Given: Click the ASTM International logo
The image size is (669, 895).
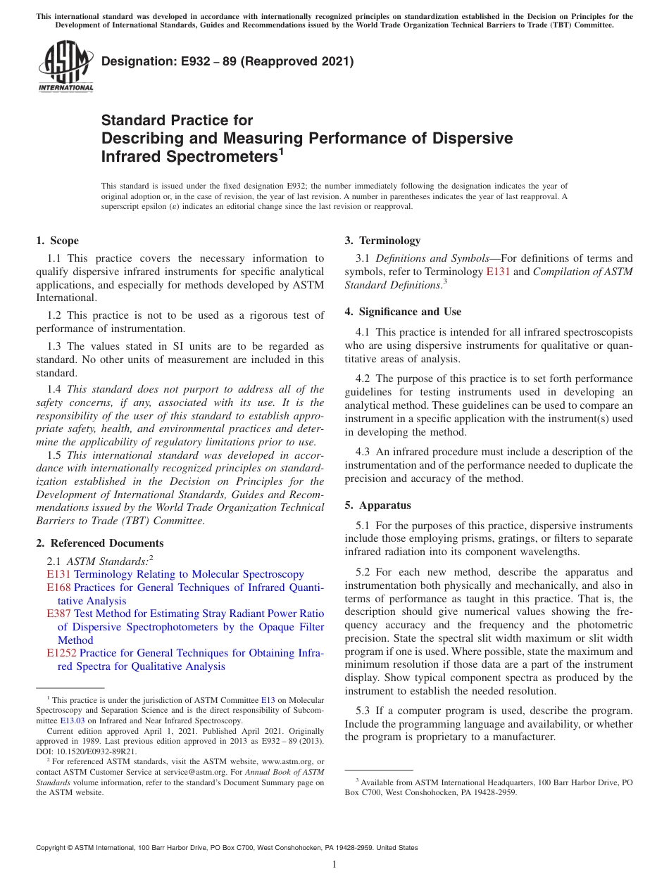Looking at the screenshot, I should tap(65, 66).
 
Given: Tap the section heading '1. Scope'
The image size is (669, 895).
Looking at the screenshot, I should tap(58, 241).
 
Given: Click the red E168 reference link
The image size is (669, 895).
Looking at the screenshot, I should tap(58, 588).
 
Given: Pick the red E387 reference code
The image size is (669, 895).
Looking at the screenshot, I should tap(58, 614).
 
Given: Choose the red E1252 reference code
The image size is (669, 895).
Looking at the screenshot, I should tap(62, 653).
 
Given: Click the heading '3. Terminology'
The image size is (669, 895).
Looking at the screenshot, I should tap(382, 241).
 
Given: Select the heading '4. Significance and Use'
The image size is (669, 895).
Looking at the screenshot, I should tap(403, 312).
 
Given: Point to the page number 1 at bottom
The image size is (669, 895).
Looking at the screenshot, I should tap(334, 864).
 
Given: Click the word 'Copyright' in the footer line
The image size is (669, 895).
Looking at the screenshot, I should tap(54, 848).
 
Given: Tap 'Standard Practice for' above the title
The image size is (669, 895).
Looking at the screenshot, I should tap(177, 120).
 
